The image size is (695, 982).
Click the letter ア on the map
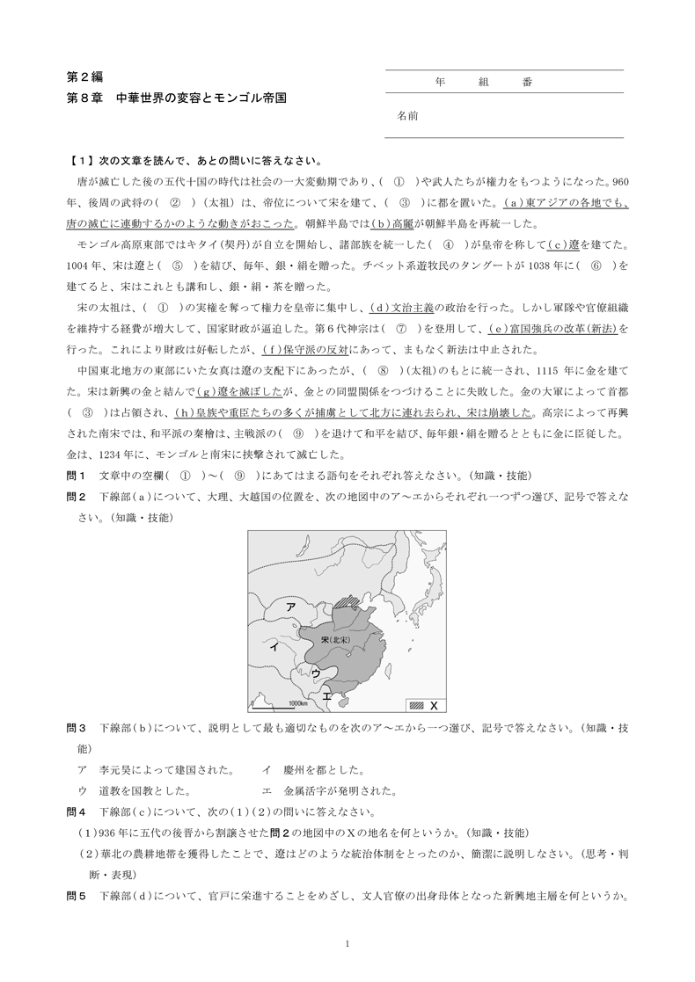[289, 607]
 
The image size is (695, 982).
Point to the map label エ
[327, 696]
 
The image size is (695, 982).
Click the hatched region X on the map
[351, 600]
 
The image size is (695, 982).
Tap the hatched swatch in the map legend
[417, 705]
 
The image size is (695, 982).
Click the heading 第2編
[84, 77]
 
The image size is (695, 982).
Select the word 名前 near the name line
[406, 115]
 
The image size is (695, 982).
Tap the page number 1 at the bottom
[348, 944]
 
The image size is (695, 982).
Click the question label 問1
[76, 475]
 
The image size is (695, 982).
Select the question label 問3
[76, 728]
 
